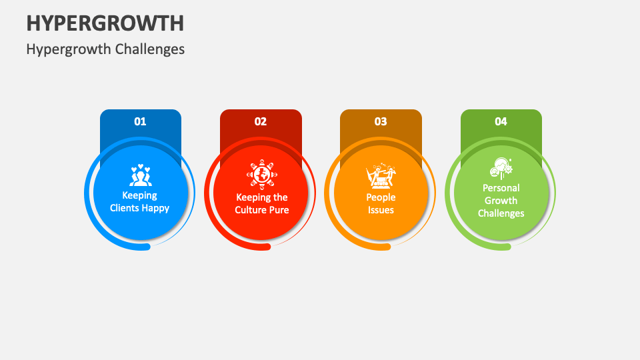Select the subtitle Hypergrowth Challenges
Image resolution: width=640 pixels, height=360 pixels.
[105, 49]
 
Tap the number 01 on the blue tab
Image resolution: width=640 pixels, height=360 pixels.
[140, 121]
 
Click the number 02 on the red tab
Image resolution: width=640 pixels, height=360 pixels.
[261, 121]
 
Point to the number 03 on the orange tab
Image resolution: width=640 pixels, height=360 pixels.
[381, 121]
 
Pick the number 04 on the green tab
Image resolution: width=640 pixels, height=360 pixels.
[501, 121]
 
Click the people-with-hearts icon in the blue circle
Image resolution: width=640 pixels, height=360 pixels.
[140, 175]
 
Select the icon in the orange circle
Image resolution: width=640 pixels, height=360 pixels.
[381, 176]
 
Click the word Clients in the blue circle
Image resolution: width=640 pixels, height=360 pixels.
[124, 208]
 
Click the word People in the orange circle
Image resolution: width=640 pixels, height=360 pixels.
[381, 197]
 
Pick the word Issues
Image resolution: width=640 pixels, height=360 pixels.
[381, 210]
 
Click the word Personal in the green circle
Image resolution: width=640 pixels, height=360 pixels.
[501, 188]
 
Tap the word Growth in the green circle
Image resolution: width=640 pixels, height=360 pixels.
[501, 201]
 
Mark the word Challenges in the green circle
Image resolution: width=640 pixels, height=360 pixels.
[501, 213]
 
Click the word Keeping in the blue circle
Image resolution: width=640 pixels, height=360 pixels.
[140, 195]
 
